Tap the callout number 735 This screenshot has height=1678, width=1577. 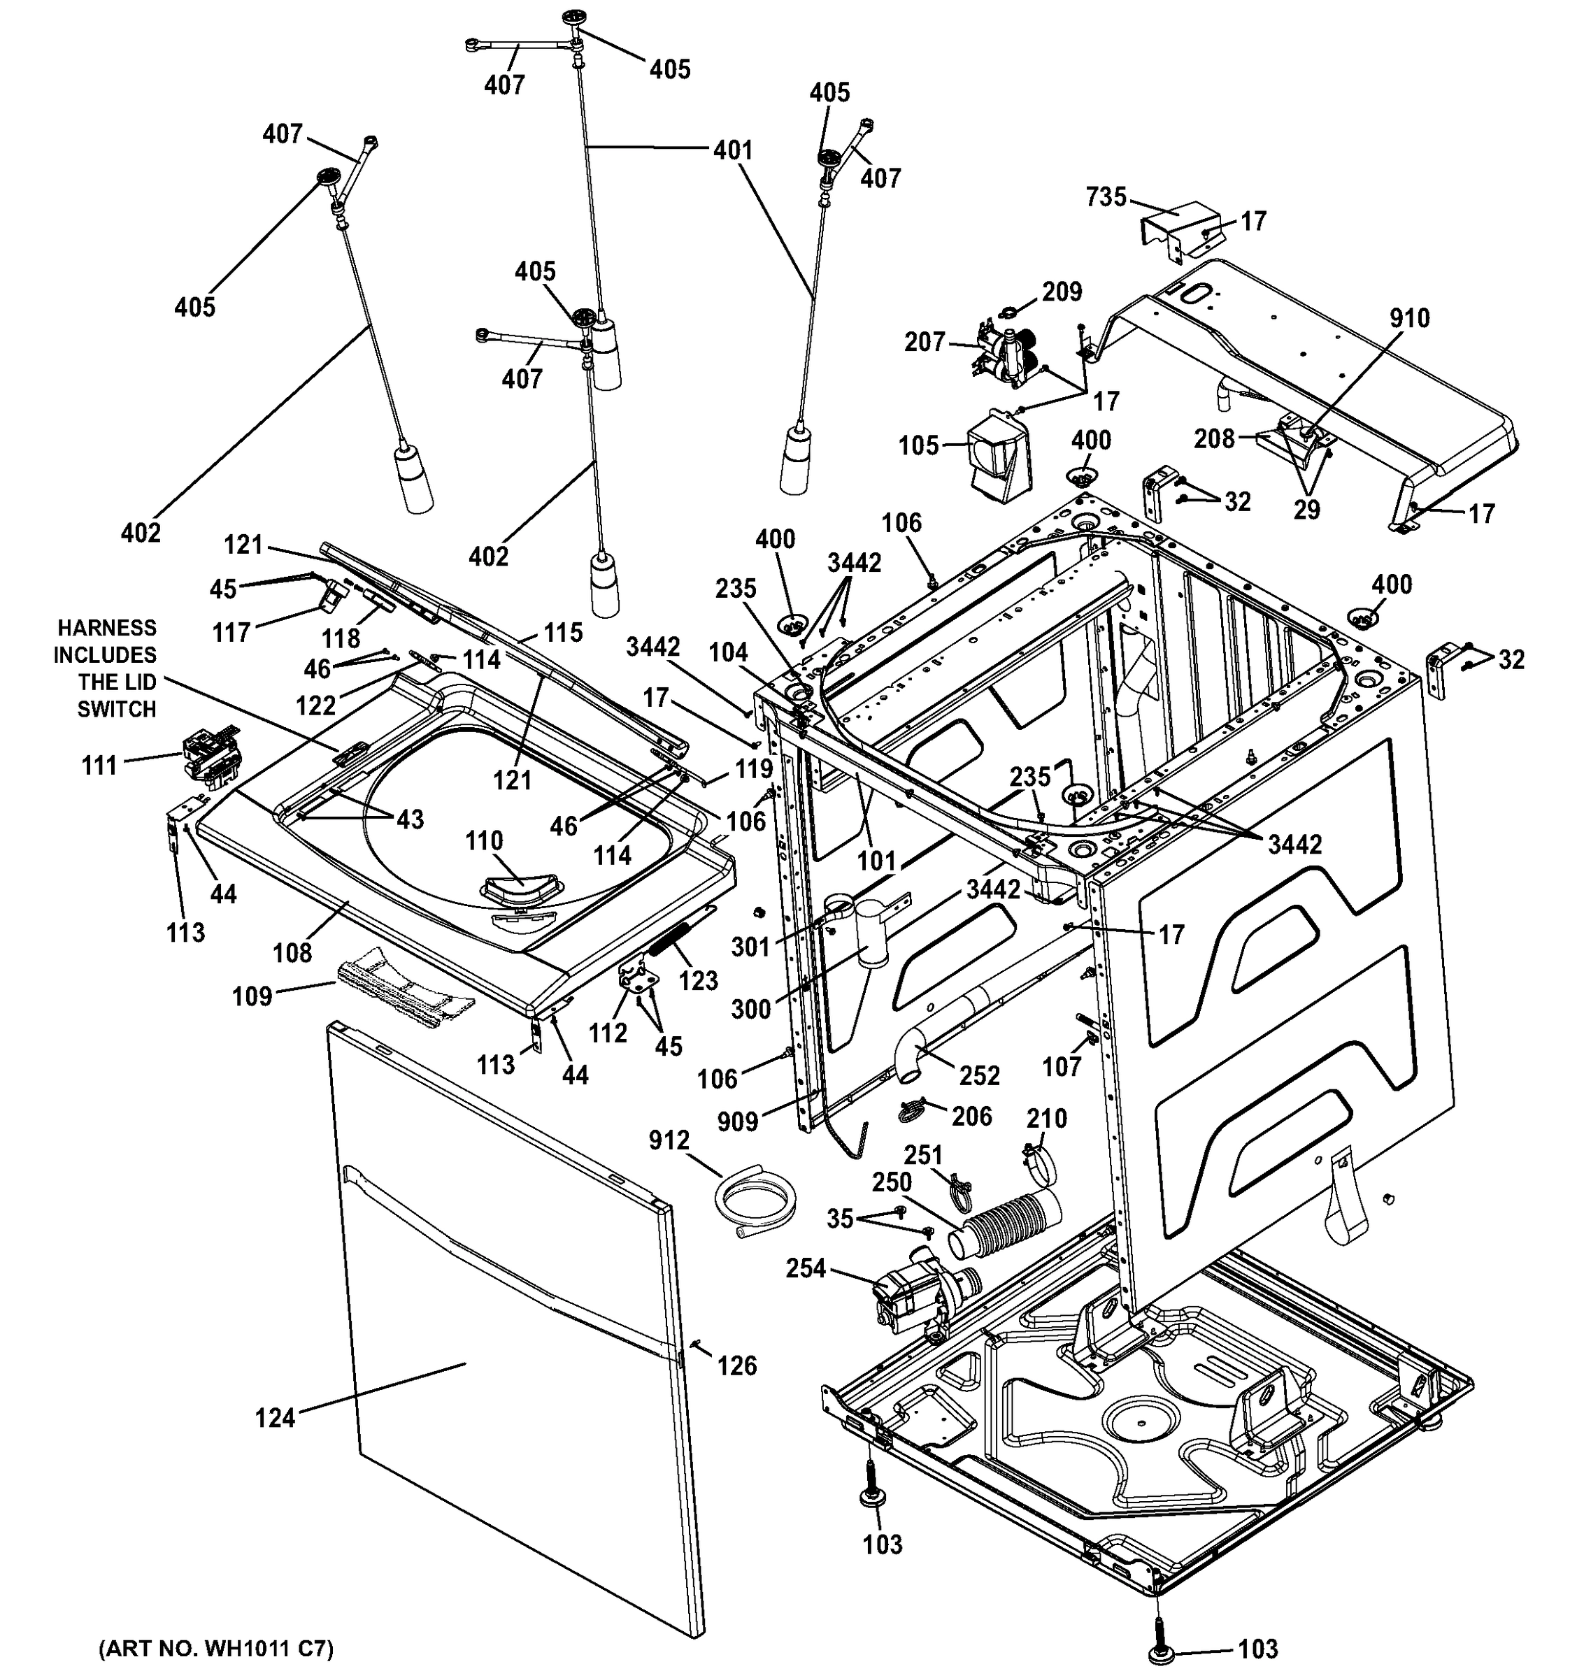click(x=1106, y=196)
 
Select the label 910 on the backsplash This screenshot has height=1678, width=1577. click(x=1409, y=318)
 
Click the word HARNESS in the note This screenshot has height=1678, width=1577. click(x=106, y=628)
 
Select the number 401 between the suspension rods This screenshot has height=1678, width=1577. click(x=732, y=150)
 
